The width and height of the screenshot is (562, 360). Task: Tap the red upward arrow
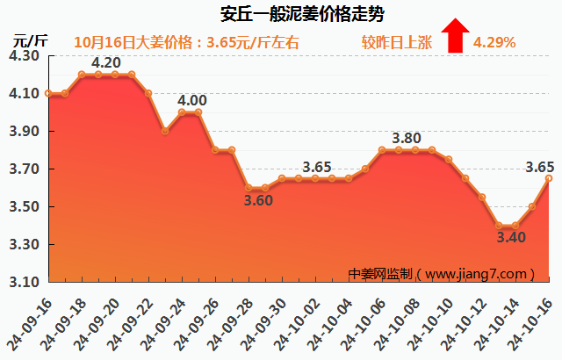coord(454,37)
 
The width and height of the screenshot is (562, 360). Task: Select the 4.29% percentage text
coord(494,42)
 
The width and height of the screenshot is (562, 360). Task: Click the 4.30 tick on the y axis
coord(25,55)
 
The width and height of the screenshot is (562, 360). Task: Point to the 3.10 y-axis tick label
coord(25,283)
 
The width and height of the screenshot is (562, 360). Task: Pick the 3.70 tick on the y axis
coord(25,169)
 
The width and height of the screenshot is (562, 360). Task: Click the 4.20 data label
coord(106,62)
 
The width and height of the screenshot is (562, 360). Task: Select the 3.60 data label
coord(258,200)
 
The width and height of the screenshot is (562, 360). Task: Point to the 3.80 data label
coord(407,138)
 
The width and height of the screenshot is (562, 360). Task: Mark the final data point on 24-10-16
coord(549,178)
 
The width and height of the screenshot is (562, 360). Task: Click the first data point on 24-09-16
coord(47,93)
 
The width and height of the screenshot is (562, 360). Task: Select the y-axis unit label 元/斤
coord(31,40)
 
